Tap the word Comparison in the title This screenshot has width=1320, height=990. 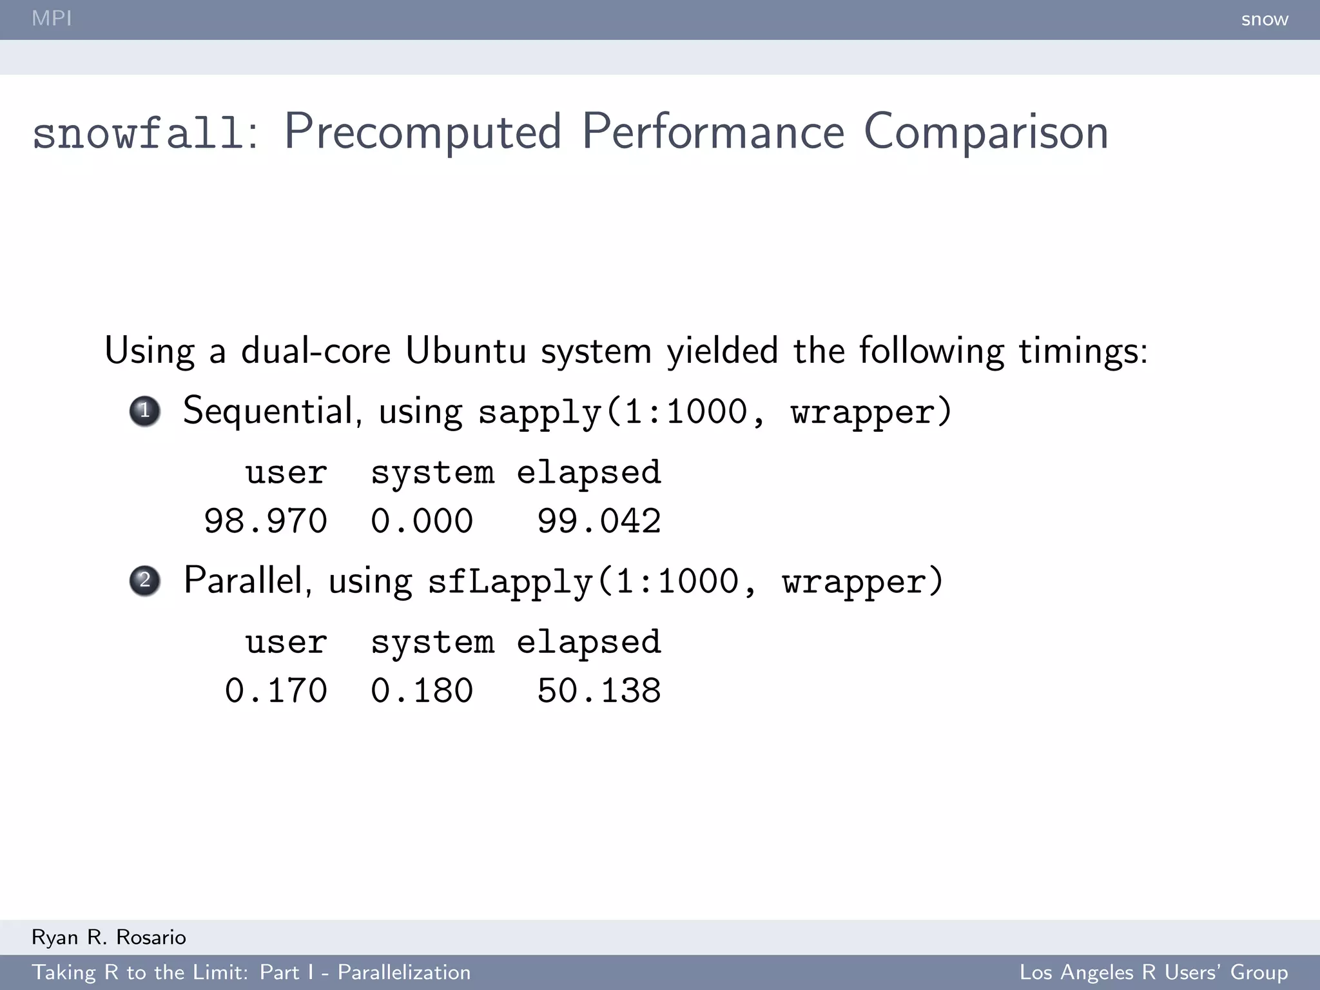tap(985, 132)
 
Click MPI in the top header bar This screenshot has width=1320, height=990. tap(52, 18)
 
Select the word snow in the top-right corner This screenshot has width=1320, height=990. tap(1265, 19)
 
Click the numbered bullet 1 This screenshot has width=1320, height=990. tap(145, 411)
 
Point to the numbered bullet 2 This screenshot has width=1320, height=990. tap(145, 580)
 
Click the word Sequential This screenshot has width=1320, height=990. tap(269, 411)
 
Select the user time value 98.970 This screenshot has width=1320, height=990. tap(266, 521)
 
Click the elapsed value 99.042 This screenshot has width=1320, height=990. tap(599, 521)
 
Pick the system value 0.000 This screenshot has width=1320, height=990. tap(422, 521)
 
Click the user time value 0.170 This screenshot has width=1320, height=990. tap(276, 690)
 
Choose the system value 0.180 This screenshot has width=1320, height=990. tap(422, 690)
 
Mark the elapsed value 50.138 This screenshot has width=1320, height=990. tap(599, 690)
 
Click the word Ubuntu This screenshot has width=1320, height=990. tap(465, 351)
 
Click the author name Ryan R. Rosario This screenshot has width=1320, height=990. tap(109, 937)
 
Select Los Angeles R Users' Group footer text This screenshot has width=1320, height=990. tap(1154, 972)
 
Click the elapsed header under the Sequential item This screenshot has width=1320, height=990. tap(588, 472)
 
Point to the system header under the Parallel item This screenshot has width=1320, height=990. tap(432, 642)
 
